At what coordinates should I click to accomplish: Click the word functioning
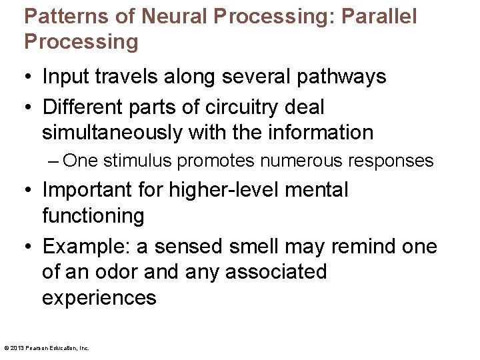point(93,216)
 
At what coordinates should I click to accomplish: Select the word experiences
point(99,297)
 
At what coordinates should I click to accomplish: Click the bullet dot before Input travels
point(28,77)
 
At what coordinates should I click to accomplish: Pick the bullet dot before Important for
point(28,191)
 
